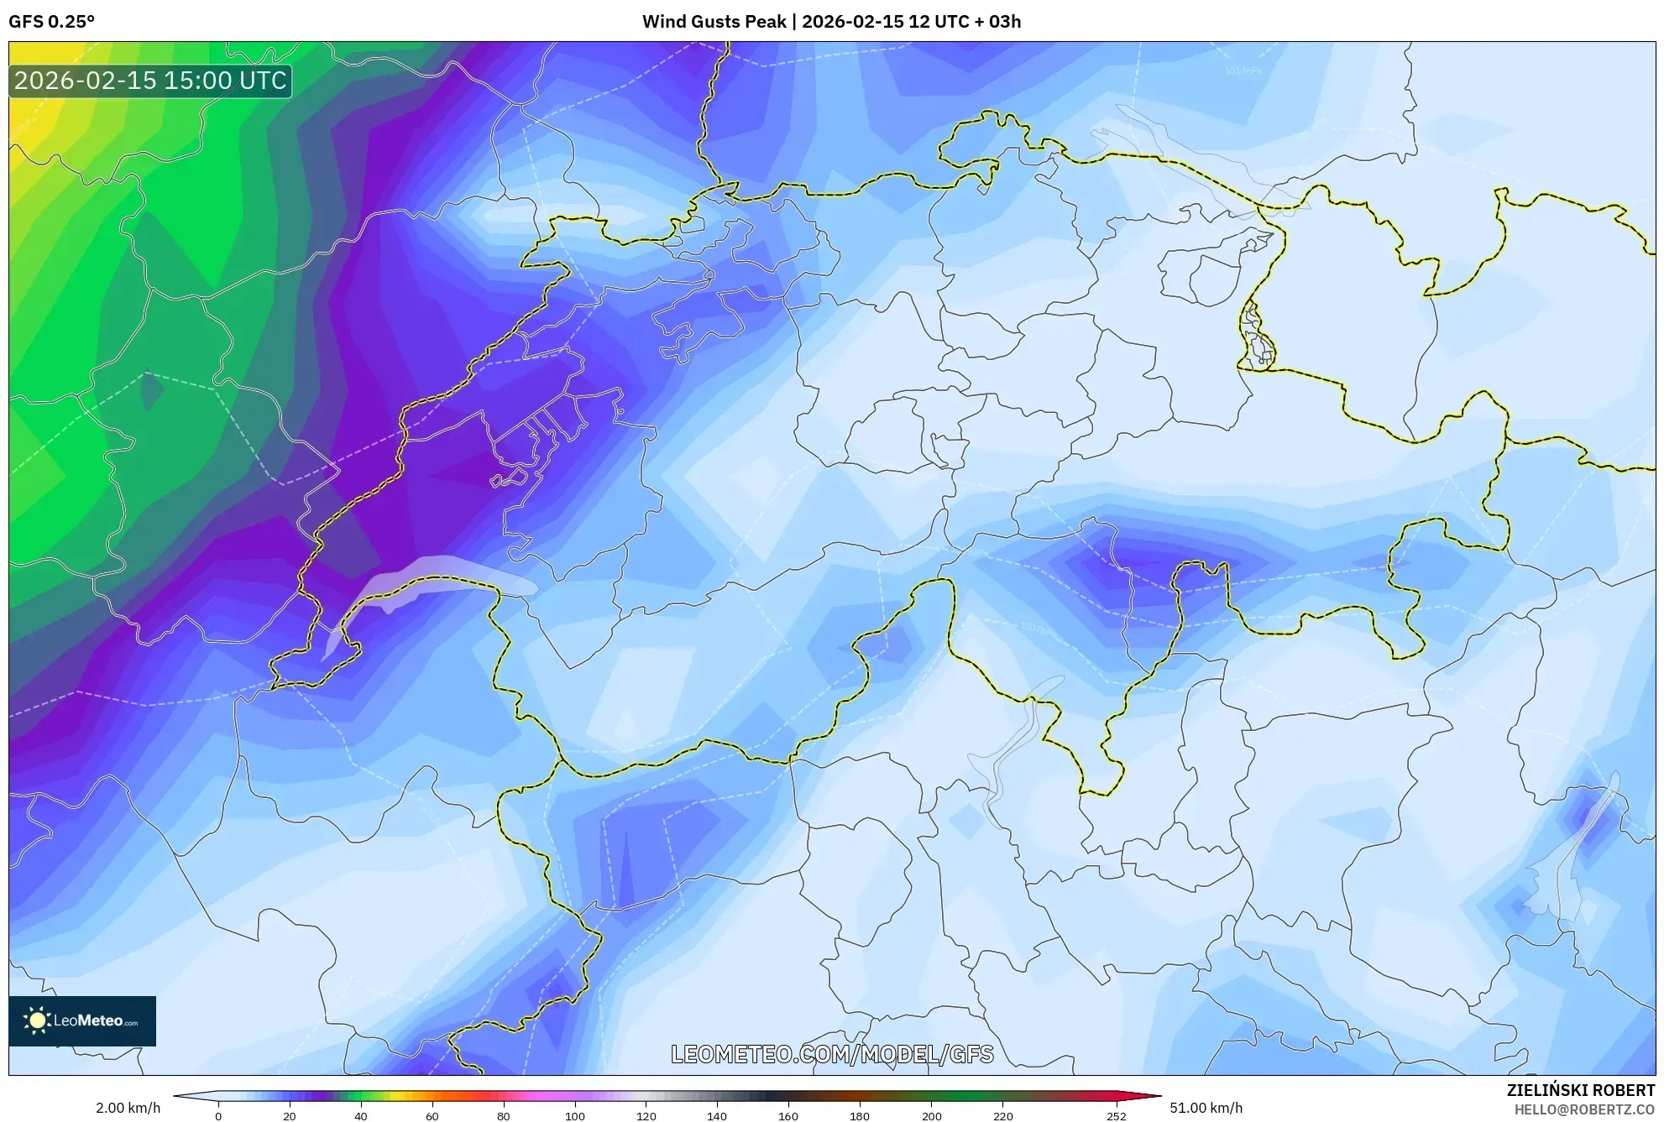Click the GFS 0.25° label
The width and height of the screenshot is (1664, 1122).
point(51,22)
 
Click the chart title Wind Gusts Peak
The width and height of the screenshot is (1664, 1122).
point(714,22)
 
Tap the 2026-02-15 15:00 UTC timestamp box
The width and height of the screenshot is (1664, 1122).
point(150,81)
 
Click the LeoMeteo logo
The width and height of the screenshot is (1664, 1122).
point(82,1020)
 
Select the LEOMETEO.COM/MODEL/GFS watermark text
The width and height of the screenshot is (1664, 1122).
point(832,1054)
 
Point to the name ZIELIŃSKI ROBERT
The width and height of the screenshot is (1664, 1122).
point(1580,1090)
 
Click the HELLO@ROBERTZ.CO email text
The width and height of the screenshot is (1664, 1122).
point(1583,1109)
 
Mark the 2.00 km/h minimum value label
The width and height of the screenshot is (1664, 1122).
point(128,1108)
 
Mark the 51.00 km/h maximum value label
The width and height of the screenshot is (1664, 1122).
point(1206,1108)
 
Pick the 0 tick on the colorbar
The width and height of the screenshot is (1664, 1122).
point(218,1116)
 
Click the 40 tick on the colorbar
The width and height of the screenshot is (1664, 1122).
point(360,1116)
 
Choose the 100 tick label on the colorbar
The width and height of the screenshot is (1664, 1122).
point(574,1116)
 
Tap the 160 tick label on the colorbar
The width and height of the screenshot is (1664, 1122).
point(788,1116)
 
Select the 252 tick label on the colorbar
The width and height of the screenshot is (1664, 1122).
point(1116,1116)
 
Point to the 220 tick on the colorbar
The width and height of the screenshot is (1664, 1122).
point(1002,1116)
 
